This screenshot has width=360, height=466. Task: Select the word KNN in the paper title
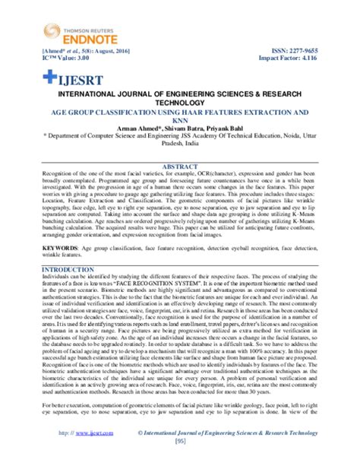coord(180,120)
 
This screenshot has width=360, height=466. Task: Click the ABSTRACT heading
coord(180,165)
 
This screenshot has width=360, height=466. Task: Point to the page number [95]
coord(180,461)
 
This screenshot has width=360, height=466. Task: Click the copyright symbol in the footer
coord(141,453)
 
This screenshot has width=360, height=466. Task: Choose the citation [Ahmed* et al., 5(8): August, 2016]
coord(83,47)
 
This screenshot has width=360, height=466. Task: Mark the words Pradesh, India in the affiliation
coord(180,147)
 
